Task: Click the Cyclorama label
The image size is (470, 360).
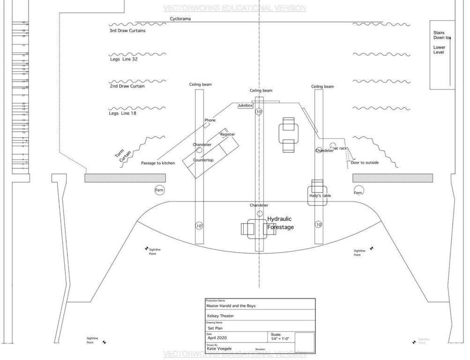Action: tap(180, 19)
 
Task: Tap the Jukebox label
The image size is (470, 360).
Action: tap(245, 106)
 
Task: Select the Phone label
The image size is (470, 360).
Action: tap(210, 120)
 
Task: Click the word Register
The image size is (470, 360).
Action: tap(227, 135)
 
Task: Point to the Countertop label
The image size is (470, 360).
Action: tap(203, 160)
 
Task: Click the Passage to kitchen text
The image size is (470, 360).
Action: tap(158, 163)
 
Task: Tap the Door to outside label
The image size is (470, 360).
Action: tap(365, 163)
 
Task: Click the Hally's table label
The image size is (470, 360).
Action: tap(320, 195)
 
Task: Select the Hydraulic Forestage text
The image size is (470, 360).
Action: tap(280, 223)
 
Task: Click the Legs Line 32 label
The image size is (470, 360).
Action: tap(123, 60)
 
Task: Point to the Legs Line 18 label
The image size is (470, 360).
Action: tap(123, 113)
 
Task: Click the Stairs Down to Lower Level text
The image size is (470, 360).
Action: tap(440, 42)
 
